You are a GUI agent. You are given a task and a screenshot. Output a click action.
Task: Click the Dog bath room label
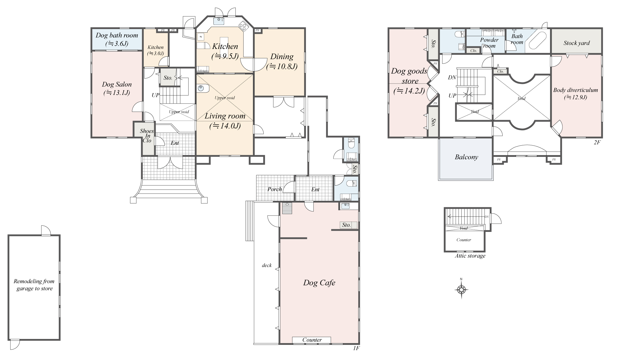[117, 39]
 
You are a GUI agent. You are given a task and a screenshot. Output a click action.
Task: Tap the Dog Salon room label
[117, 88]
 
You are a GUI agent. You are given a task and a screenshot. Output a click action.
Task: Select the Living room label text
[225, 116]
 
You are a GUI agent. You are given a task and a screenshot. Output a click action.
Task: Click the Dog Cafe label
[319, 283]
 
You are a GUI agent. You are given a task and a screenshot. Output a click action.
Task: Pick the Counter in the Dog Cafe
[312, 340]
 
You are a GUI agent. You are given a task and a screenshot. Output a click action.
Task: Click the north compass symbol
[461, 289]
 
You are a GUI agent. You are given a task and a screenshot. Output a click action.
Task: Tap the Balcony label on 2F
[466, 157]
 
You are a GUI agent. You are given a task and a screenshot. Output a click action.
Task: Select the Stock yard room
[576, 43]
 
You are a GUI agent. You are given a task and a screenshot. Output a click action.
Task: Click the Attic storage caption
[470, 256]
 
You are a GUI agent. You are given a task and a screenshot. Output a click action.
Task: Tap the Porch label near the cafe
[274, 189]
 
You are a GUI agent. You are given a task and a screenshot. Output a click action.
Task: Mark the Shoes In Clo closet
[147, 136]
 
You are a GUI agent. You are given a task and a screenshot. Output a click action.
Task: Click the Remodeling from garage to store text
[34, 285]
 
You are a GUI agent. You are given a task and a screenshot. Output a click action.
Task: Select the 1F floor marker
[356, 348]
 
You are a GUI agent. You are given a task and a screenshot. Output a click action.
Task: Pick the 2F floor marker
[597, 142]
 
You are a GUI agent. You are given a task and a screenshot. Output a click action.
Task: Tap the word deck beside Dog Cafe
[267, 265]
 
